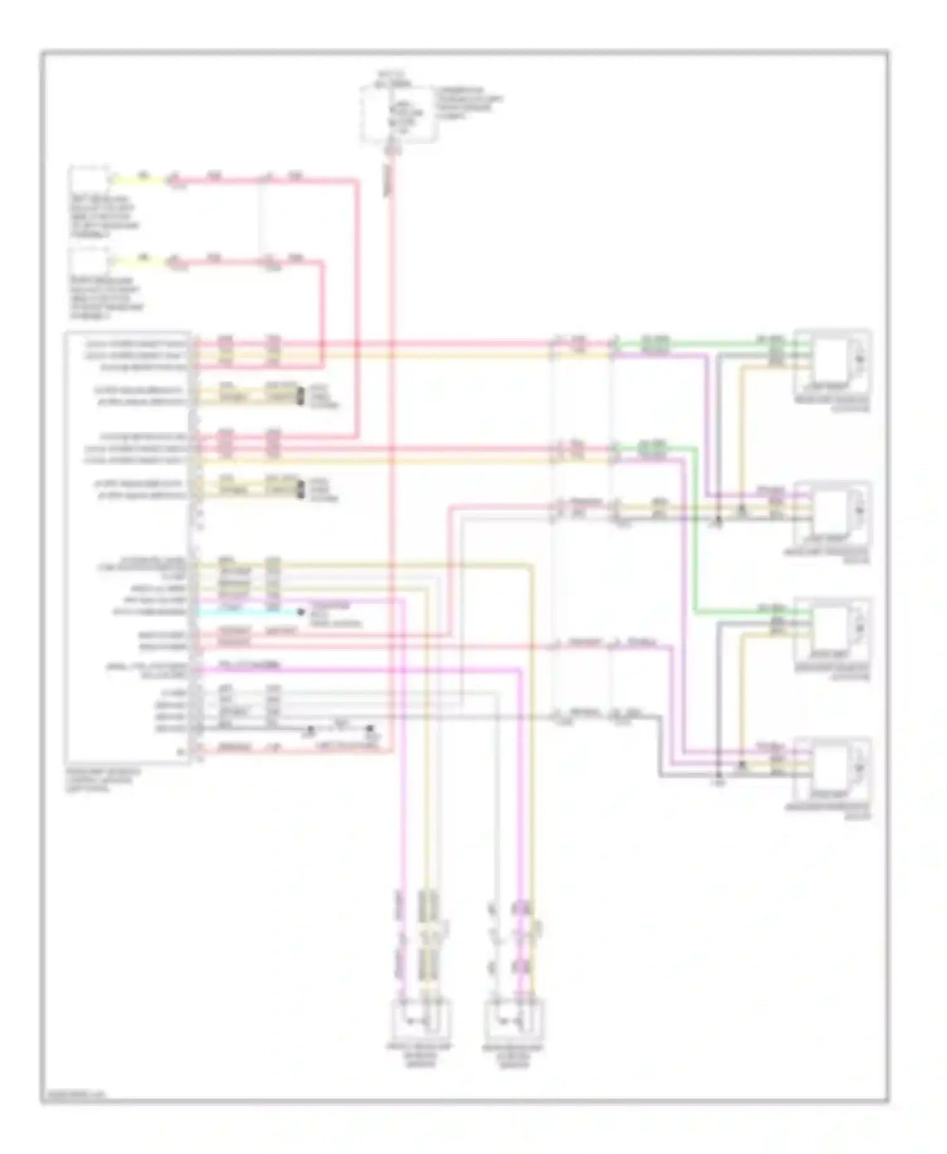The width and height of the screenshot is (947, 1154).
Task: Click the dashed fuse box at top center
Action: (398, 114)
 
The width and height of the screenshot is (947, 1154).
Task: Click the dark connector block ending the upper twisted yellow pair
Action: (300, 396)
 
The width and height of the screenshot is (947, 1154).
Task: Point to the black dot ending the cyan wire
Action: (301, 612)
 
